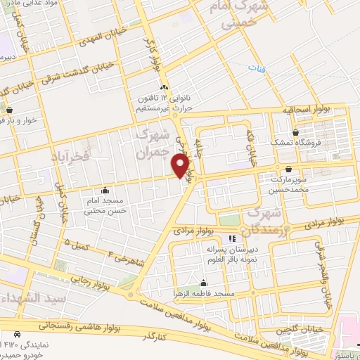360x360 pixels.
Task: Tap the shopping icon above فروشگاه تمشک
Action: click(295, 131)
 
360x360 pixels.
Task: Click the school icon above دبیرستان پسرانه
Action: click(232, 240)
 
